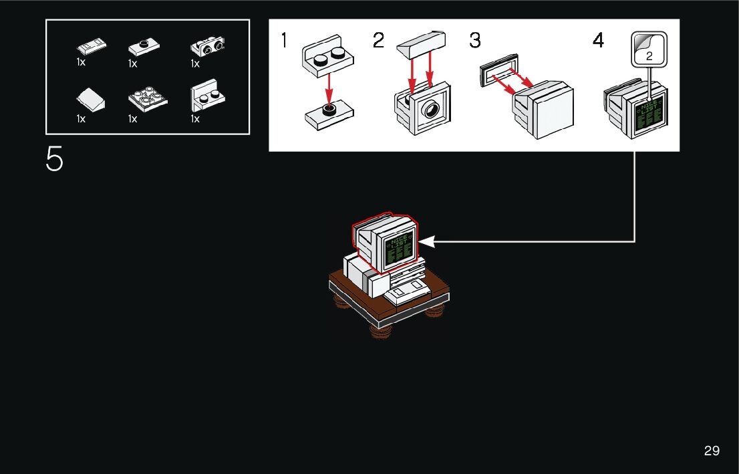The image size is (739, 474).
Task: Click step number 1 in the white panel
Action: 284,41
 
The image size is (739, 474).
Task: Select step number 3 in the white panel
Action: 475,41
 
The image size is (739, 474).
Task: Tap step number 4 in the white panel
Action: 598,41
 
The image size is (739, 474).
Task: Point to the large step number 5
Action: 54,159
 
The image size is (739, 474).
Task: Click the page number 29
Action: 712,451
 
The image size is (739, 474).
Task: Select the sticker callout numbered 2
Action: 649,49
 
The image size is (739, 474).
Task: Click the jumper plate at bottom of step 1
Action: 328,114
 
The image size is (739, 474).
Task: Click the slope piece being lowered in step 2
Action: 421,47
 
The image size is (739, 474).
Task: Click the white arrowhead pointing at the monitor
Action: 426,241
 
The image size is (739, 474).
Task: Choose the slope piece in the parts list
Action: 90,100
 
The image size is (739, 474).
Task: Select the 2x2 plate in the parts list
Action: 147,100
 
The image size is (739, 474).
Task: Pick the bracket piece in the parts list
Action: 208,98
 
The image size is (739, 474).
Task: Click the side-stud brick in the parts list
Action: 207,47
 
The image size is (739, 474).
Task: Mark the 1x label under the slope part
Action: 81,119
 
